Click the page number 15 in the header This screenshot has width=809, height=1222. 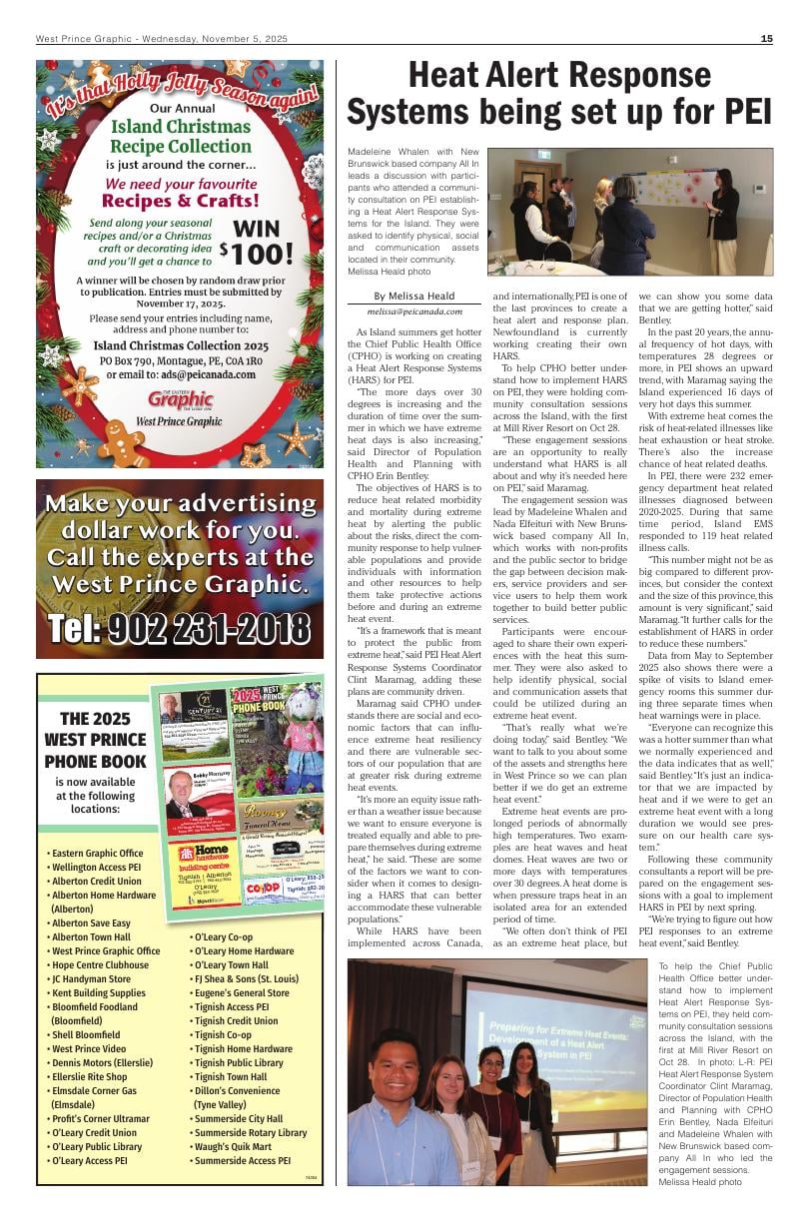click(766, 39)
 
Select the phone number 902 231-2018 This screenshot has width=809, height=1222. click(180, 628)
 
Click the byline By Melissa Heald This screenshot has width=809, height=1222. click(413, 296)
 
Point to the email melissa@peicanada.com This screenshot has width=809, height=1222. click(413, 311)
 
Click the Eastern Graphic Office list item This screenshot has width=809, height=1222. click(97, 854)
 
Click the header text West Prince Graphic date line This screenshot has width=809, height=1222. click(162, 39)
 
